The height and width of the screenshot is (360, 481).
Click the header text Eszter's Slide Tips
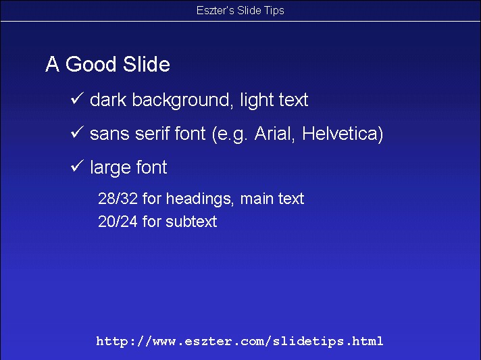pyautogui.click(x=240, y=10)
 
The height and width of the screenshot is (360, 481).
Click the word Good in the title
pyautogui.click(x=91, y=64)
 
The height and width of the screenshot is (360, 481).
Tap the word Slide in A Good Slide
pyautogui.click(x=147, y=64)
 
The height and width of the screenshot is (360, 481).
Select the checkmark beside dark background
pyautogui.click(x=77, y=98)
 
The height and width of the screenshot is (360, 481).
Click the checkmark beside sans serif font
pyautogui.click(x=77, y=132)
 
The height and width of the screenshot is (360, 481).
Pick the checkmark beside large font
pyautogui.click(x=77, y=165)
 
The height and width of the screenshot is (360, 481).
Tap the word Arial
pyautogui.click(x=274, y=134)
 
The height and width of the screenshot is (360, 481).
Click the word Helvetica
pyautogui.click(x=343, y=134)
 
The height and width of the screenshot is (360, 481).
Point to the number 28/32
pyautogui.click(x=118, y=199)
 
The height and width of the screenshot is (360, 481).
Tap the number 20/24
pyautogui.click(x=118, y=222)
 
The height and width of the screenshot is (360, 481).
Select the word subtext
pyautogui.click(x=191, y=222)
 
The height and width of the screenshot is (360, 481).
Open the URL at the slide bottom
pyautogui.click(x=240, y=341)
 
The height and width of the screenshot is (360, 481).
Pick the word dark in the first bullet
pyautogui.click(x=108, y=100)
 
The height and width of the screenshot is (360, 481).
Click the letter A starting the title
pyautogui.click(x=52, y=64)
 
